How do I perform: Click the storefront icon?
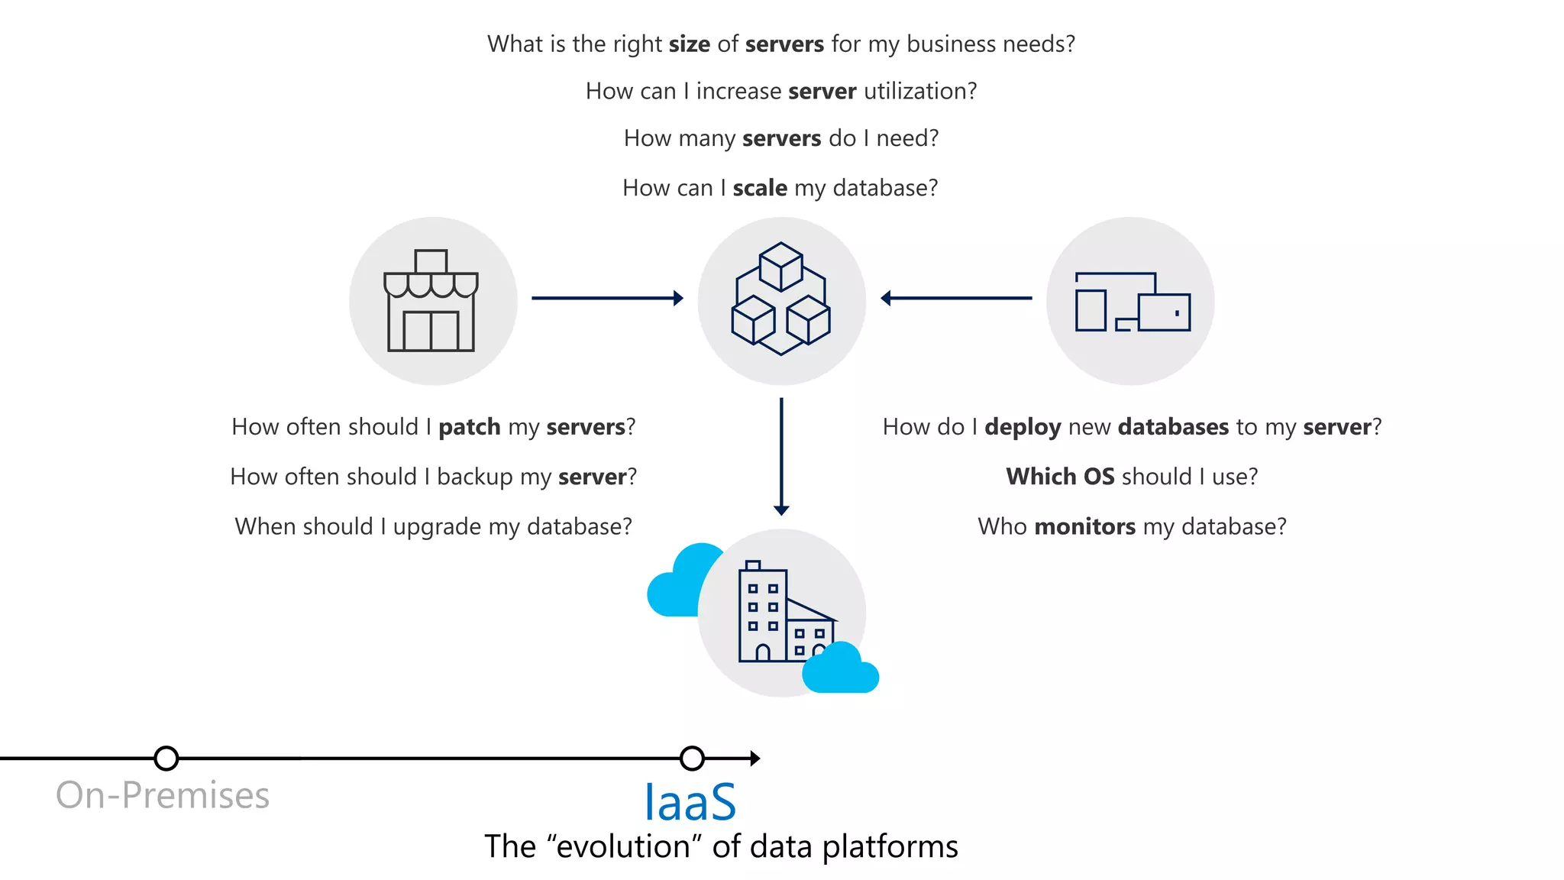click(431, 301)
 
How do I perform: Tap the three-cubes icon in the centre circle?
click(781, 299)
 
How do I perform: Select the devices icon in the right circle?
click(1132, 302)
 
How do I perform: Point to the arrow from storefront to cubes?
click(607, 298)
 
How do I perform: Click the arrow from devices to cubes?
click(956, 298)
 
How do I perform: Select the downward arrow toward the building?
click(781, 456)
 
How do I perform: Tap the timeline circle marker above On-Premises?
click(166, 759)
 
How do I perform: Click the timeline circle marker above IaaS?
click(692, 759)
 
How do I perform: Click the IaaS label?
click(690, 801)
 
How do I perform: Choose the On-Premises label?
click(163, 795)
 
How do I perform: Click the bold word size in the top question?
click(690, 44)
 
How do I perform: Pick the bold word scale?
click(760, 188)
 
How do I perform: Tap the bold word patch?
click(469, 427)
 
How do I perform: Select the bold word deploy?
click(1023, 428)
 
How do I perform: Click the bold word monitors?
click(1085, 526)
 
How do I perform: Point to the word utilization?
click(920, 92)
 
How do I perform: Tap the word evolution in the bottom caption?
click(624, 847)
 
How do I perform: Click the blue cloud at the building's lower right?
click(840, 669)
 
